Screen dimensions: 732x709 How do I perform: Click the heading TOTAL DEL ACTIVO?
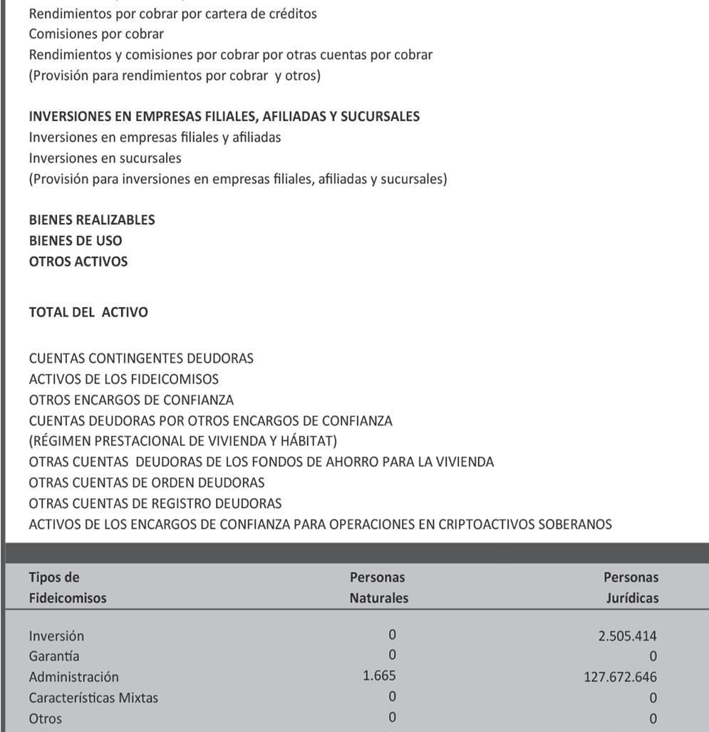88,312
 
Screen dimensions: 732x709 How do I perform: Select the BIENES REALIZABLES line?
92,220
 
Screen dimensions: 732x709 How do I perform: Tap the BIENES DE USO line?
76,240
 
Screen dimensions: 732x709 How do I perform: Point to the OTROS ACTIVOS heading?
78,262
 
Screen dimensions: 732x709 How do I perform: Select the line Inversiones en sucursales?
105,158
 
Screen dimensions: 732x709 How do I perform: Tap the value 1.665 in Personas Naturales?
379,676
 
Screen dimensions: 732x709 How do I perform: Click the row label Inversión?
56,636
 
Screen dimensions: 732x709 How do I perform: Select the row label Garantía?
54,656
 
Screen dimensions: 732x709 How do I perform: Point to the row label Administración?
73,676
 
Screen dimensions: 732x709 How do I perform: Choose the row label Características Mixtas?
93,698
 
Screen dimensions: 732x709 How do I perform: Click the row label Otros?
45,718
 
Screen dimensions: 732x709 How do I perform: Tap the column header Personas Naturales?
378,587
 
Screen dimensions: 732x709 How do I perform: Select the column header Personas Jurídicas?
630,587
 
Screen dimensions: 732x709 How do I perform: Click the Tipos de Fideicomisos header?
67,587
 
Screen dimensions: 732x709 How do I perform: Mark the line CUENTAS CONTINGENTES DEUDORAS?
141,359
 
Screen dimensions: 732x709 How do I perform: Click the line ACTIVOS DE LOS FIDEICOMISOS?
123,379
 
